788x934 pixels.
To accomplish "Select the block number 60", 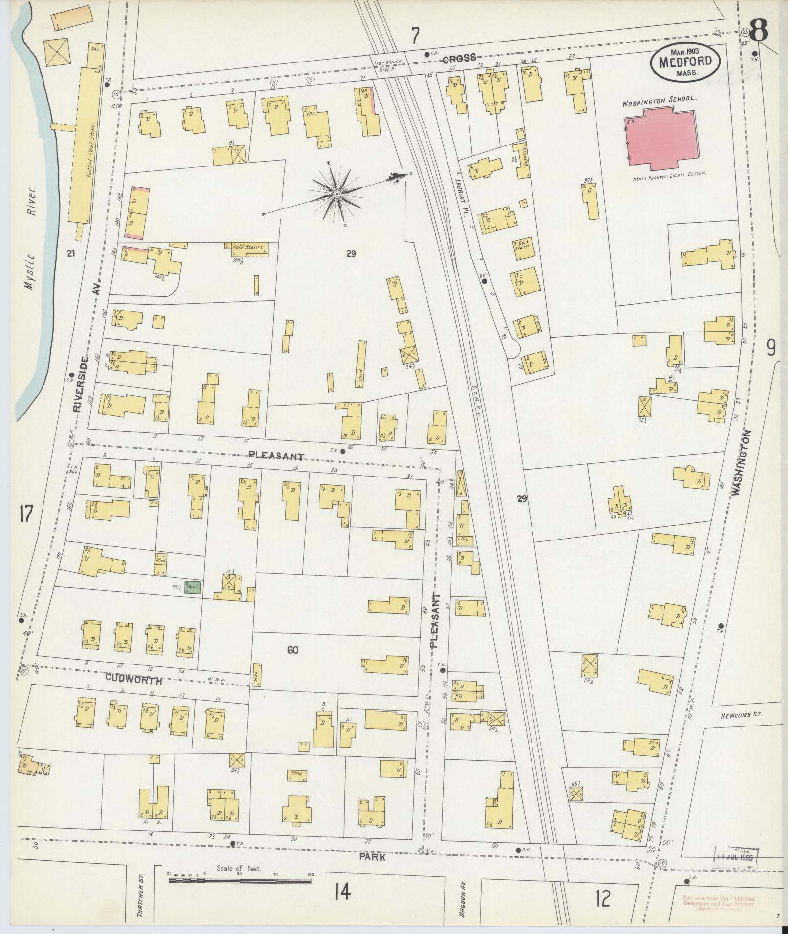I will [293, 650].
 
